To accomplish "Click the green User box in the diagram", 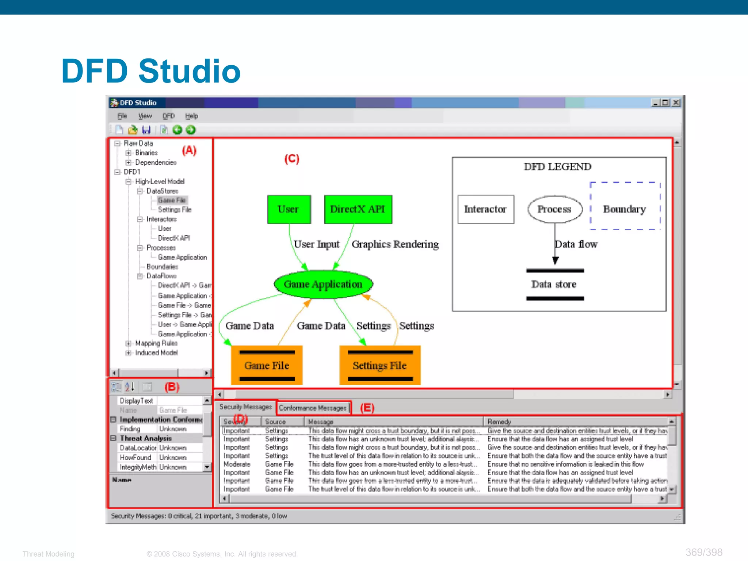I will (289, 209).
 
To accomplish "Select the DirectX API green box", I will (358, 209).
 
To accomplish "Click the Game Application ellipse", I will (323, 285).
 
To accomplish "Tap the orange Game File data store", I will (267, 365).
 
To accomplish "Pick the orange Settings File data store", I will (380, 365).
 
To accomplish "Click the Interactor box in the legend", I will (485, 209).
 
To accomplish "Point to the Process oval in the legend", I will (554, 209).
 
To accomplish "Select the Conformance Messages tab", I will (313, 408).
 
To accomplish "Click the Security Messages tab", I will (245, 407).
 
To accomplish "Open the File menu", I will (122, 116).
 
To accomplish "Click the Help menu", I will (192, 116).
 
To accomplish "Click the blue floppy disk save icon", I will (146, 130).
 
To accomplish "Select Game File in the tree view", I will (172, 200).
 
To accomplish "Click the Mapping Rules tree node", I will (156, 343).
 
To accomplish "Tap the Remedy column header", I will (499, 422).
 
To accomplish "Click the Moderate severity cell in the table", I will (237, 464).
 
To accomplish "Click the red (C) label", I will (291, 159).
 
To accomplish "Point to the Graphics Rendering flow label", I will (395, 244).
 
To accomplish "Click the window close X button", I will (676, 103).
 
